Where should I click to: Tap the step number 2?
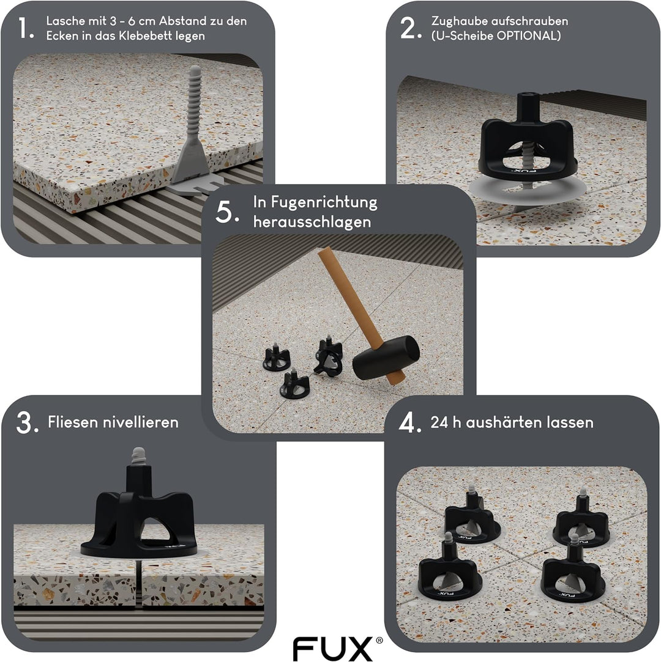(408, 28)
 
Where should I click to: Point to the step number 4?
(409, 423)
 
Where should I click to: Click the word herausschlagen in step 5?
(312, 221)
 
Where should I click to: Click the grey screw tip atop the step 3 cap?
(138, 455)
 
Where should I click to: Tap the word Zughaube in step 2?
(457, 21)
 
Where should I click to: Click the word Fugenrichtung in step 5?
(315, 202)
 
